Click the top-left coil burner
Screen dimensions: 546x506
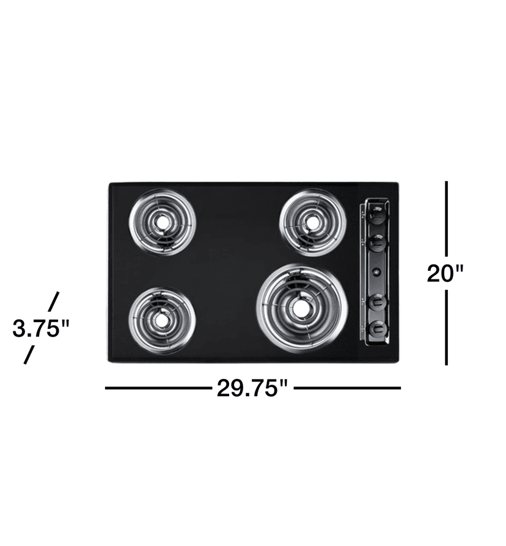click(162, 221)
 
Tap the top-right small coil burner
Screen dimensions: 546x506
click(312, 221)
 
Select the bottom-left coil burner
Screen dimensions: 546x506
click(162, 318)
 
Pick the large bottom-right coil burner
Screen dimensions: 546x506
click(301, 307)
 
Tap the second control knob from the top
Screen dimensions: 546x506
click(378, 242)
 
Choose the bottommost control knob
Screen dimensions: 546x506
click(378, 329)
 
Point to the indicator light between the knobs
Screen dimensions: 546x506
click(377, 271)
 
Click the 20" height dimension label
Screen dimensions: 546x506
click(446, 273)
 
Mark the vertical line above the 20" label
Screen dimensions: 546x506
click(447, 217)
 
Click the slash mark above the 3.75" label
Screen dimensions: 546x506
click(53, 301)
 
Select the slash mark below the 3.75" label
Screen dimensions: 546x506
click(28, 355)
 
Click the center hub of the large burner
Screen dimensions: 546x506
click(300, 309)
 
